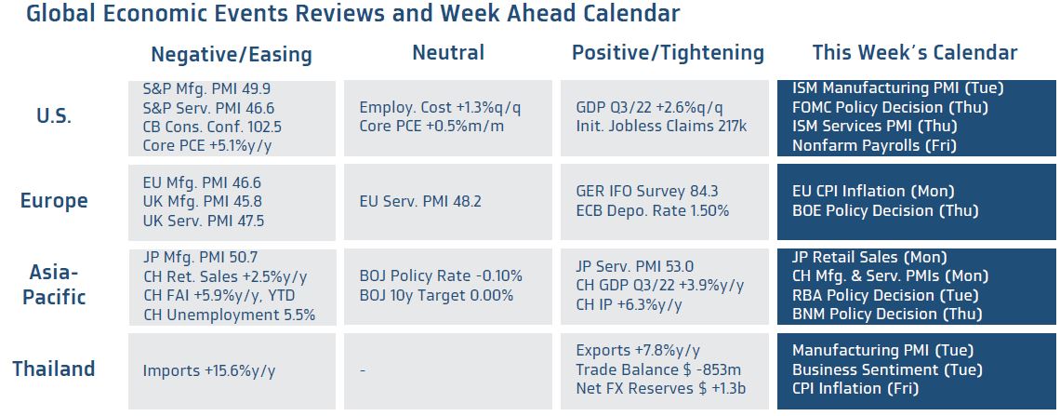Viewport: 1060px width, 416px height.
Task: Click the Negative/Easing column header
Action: [232, 54]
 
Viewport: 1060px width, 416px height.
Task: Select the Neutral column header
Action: [448, 53]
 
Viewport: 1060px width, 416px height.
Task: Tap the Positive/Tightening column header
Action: [668, 53]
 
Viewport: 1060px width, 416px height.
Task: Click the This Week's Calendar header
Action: [915, 53]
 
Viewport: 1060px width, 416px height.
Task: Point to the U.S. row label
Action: [53, 115]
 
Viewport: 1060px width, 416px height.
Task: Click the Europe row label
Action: [54, 201]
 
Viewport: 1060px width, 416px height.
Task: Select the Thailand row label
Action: [54, 369]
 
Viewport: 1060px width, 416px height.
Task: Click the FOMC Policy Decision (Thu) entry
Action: [891, 107]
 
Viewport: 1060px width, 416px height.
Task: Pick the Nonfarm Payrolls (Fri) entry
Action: [875, 145]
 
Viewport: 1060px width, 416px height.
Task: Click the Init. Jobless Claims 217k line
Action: [661, 127]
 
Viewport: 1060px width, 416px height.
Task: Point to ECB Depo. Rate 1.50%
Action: [653, 211]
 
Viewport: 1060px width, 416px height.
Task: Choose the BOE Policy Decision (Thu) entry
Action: [885, 211]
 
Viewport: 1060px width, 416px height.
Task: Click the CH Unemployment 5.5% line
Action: [229, 315]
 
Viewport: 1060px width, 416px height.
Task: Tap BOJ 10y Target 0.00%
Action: [436, 296]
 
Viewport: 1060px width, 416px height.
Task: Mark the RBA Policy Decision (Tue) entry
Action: [885, 296]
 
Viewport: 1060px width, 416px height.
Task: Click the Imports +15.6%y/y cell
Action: [209, 370]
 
